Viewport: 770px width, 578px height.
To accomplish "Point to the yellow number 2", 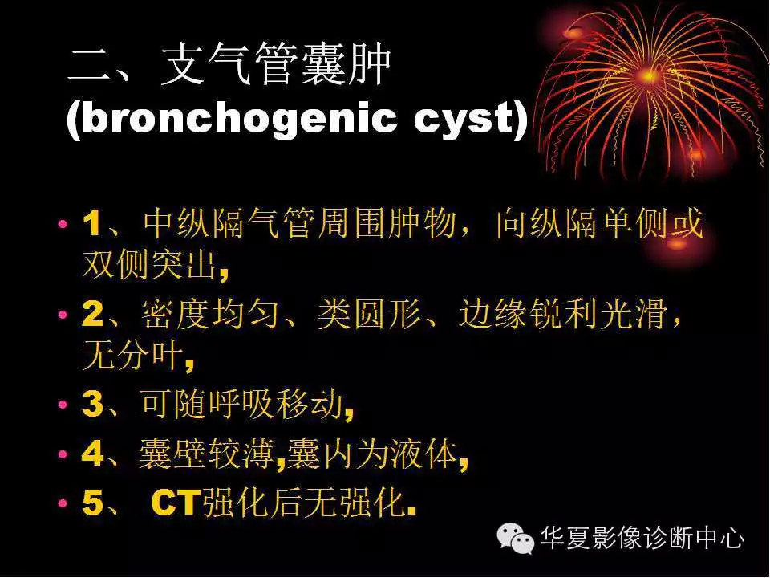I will [x=92, y=315].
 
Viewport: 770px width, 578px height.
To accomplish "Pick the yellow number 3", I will [x=92, y=405].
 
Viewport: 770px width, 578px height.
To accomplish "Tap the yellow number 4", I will [x=92, y=454].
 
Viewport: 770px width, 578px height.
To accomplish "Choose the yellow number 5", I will [x=92, y=504].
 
